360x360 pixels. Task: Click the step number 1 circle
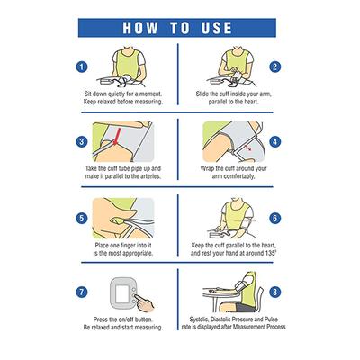[82, 67]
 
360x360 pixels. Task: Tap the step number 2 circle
[274, 67]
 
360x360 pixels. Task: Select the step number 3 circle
[82, 141]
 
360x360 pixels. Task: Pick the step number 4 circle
[274, 141]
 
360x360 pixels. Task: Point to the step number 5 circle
[82, 218]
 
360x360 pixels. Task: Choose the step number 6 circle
[274, 218]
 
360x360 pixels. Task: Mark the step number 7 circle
[82, 292]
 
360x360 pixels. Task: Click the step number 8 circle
[274, 292]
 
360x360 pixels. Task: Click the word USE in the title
[216, 28]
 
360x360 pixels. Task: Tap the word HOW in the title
[140, 28]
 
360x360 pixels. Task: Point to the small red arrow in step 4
[248, 148]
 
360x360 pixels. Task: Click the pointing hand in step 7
[144, 303]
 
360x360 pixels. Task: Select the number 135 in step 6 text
[269, 253]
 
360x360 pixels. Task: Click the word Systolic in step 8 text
[199, 319]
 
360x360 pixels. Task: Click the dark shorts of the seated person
[244, 307]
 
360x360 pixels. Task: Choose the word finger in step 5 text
[128, 246]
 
